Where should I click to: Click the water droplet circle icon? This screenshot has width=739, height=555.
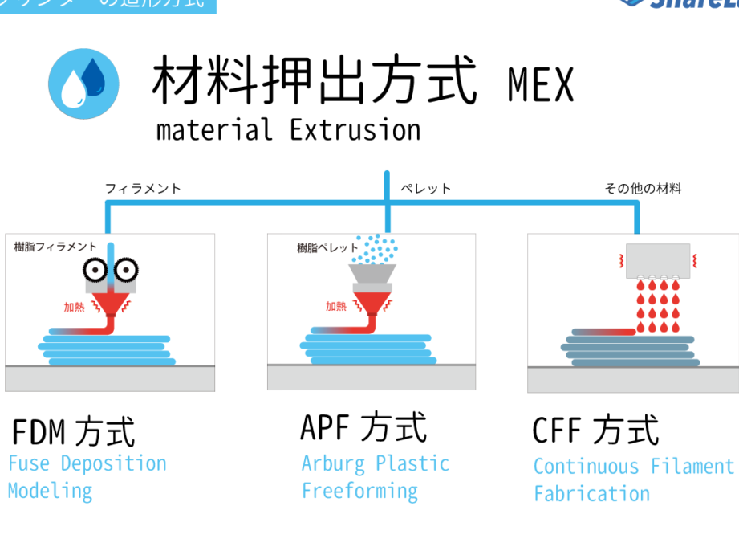point(83,84)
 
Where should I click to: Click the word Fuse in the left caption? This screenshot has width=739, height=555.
point(30,463)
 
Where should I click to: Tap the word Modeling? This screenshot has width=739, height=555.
point(50,490)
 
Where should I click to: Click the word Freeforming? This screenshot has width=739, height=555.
point(359,491)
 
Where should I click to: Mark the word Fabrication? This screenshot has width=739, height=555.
point(591,493)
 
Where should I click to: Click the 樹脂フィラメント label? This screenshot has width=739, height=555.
point(55,247)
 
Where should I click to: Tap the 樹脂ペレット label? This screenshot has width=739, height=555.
point(327,248)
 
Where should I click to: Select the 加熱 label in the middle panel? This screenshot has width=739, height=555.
point(335,306)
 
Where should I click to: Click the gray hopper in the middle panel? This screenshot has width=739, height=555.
point(372,278)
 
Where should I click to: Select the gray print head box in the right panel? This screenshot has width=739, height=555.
point(657,260)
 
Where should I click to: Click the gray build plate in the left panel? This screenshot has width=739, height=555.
point(110,378)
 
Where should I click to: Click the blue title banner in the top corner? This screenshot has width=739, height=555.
point(108,6)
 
